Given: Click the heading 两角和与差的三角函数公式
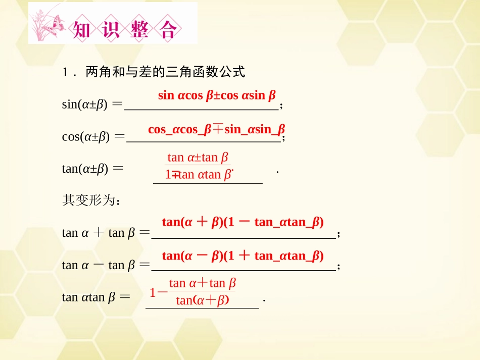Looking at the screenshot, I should (x=165, y=73).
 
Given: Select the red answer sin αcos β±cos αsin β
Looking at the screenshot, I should (x=217, y=95).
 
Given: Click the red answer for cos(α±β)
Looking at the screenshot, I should (x=216, y=129).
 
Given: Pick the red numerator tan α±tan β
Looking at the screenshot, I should (x=198, y=158).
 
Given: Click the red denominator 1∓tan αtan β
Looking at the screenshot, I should (x=199, y=175).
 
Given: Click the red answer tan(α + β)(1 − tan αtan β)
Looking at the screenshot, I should (x=243, y=222).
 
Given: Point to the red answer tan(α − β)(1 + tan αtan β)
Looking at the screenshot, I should (x=243, y=255).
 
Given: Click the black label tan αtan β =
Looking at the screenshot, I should (x=96, y=297).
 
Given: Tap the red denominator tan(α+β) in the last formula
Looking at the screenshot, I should (x=203, y=300).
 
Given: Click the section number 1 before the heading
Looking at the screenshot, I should (x=65, y=73).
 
